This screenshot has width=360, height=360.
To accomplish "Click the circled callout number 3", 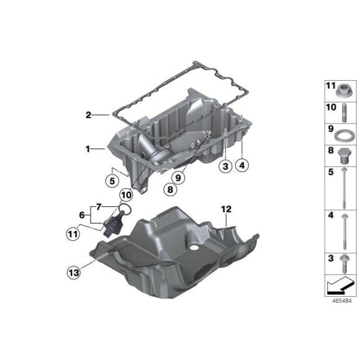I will [x=225, y=166].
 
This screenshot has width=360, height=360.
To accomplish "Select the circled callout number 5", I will [x=110, y=182].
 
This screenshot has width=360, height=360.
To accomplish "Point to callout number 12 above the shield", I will [x=225, y=209].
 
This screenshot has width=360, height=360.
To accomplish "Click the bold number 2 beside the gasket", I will [x=89, y=115].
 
